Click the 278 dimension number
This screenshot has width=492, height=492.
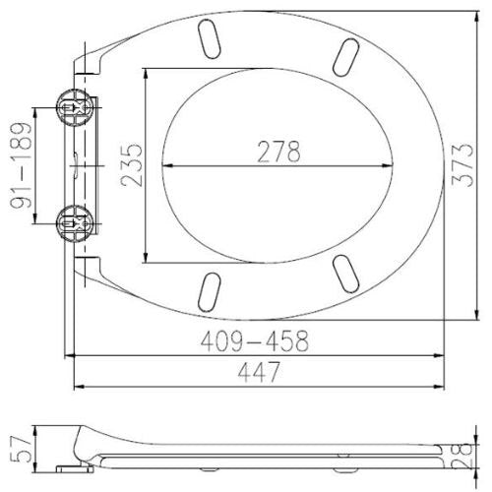[278, 152]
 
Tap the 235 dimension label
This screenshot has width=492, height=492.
[132, 165]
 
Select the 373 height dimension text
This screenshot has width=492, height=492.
[462, 165]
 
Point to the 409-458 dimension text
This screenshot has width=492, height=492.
[255, 340]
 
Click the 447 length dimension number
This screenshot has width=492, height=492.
[259, 372]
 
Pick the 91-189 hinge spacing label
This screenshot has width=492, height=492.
[22, 165]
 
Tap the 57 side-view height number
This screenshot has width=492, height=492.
[22, 449]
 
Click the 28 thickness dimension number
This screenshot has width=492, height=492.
[461, 456]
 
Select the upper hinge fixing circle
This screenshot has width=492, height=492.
[75, 107]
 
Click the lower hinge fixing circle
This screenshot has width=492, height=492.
[74, 223]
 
